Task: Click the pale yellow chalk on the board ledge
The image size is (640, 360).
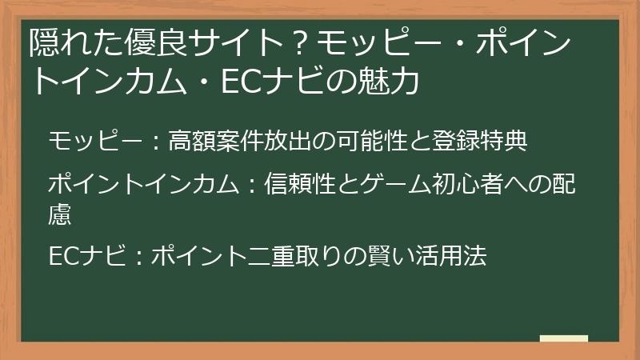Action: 563,338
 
